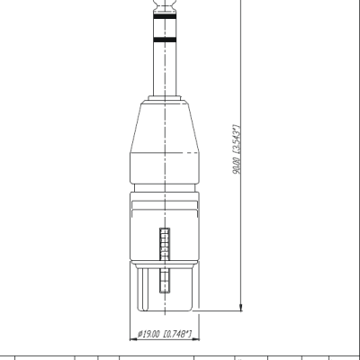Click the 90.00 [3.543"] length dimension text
(x=237, y=149)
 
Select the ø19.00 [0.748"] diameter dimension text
(x=165, y=334)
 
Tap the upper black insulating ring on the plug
(x=165, y=16)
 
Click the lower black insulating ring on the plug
(x=165, y=40)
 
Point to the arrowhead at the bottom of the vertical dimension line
(x=240, y=307)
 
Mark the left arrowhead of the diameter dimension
(x=133, y=339)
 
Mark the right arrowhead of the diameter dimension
(x=195, y=339)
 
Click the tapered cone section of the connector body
(x=165, y=128)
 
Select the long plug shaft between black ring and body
(x=165, y=69)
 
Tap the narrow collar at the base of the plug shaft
(x=165, y=98)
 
